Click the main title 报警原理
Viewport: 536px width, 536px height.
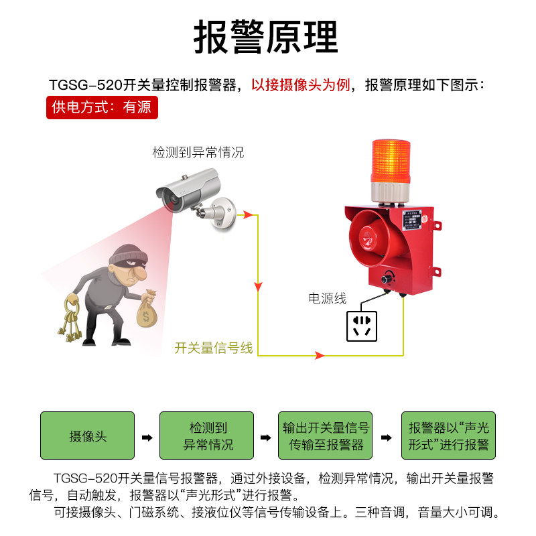(x=266, y=37)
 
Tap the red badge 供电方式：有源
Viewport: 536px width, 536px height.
(x=102, y=107)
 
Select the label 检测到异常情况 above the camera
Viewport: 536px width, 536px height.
(x=198, y=152)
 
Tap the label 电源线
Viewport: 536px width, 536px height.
(x=327, y=299)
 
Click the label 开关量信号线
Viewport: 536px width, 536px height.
(x=214, y=348)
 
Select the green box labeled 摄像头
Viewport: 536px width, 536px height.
(x=88, y=435)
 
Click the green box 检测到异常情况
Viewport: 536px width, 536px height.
(x=207, y=435)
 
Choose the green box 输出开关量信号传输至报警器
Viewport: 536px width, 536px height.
(x=326, y=435)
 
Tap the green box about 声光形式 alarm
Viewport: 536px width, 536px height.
(x=448, y=435)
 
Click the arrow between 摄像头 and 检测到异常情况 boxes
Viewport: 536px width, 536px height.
(x=147, y=438)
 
